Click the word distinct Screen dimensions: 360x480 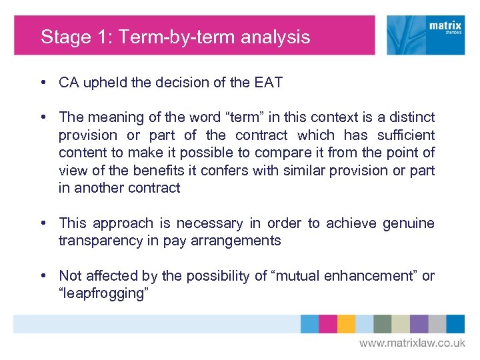[410, 117]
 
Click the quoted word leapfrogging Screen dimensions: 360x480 [102, 293]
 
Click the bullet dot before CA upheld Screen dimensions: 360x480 [43, 83]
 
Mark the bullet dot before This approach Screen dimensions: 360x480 [43, 223]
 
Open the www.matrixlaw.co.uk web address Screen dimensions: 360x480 [412, 343]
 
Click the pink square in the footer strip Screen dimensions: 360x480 [328, 324]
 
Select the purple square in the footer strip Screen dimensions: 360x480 [419, 324]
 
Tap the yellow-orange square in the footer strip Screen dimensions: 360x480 [346, 324]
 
